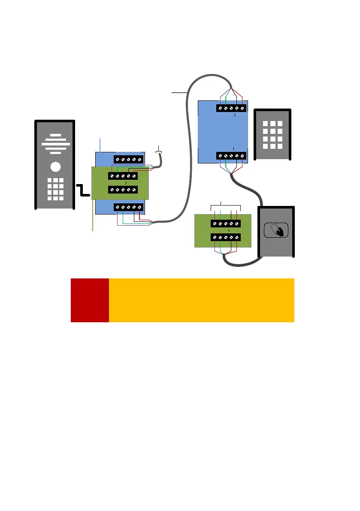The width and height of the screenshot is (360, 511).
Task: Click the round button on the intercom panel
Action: tap(54, 166)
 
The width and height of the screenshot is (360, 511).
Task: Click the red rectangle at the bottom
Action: tap(90, 300)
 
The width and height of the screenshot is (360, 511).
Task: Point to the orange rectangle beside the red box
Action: tap(202, 300)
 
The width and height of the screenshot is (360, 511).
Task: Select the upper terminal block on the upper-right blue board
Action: tap(231, 109)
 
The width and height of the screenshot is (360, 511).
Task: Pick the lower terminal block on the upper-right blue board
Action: tap(231, 156)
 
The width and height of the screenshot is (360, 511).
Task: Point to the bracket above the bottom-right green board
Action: tap(226, 205)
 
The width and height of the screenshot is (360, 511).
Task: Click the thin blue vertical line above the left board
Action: tap(100, 144)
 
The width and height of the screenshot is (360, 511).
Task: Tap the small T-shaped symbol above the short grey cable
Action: tap(159, 150)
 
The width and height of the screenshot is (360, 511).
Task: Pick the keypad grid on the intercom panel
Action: tap(54, 189)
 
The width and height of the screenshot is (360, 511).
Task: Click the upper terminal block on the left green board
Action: tap(123, 176)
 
